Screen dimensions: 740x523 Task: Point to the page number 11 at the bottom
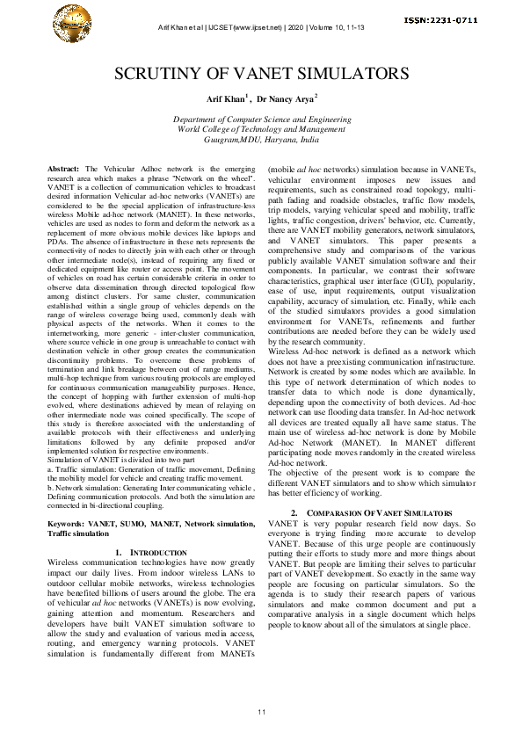pyautogui.click(x=261, y=710)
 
